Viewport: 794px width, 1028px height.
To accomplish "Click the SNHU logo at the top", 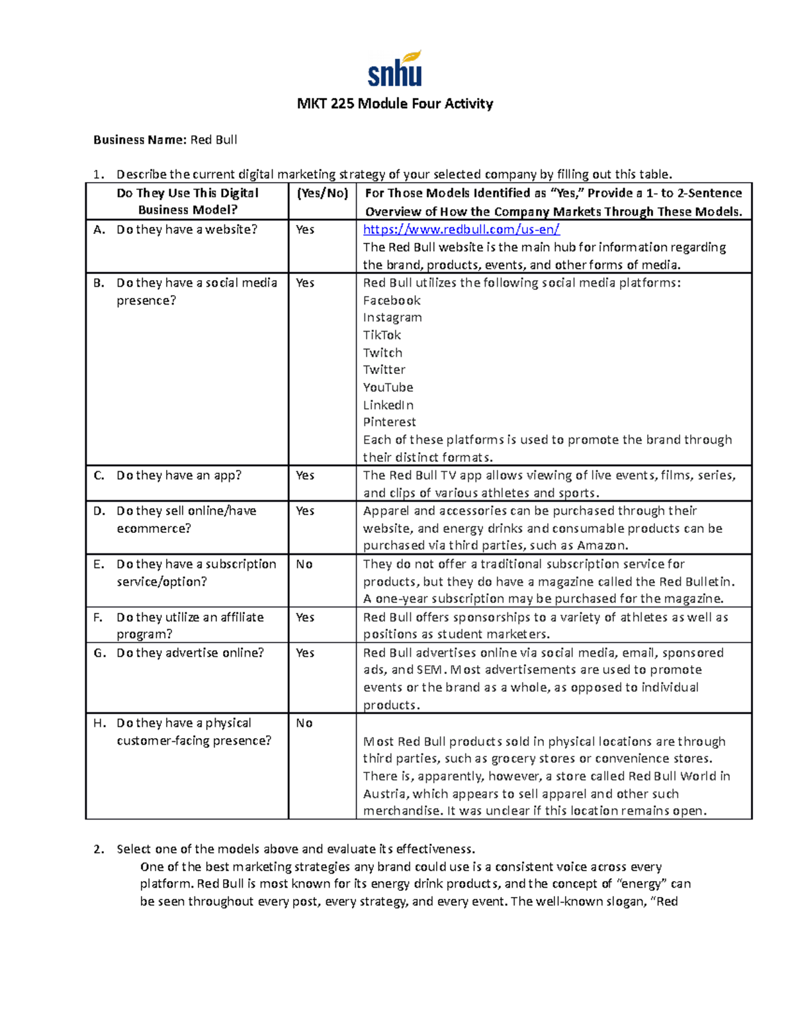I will (x=395, y=70).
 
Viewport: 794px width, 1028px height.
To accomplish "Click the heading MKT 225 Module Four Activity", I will (x=394, y=104).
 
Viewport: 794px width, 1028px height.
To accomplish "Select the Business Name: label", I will (x=140, y=140).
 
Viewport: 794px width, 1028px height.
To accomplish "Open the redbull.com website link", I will (x=461, y=230).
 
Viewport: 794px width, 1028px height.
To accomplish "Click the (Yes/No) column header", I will (x=322, y=193).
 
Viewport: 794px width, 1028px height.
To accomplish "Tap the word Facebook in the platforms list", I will (x=391, y=301).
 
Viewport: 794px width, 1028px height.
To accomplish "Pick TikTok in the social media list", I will (x=382, y=335).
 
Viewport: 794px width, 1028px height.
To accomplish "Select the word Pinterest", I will (x=389, y=422).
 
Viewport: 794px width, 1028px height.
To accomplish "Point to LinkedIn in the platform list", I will (x=388, y=405).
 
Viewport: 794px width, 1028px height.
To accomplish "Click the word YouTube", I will (x=388, y=387).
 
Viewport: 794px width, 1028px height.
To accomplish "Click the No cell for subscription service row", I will (x=304, y=565).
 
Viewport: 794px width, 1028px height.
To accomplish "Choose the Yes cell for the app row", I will (x=305, y=475).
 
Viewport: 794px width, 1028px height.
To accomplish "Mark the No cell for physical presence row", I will (x=304, y=724).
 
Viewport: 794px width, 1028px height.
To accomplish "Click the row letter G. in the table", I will (x=99, y=653).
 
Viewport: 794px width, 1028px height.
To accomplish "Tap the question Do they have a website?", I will (x=187, y=230).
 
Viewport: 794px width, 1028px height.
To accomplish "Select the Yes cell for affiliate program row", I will (x=305, y=618).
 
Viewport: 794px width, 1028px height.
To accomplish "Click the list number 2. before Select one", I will (x=99, y=849).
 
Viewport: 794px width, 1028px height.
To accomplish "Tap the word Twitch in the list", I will (x=382, y=353).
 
